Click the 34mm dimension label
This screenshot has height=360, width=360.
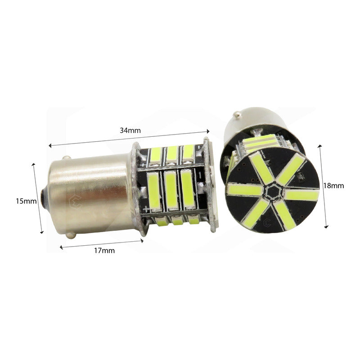(x=131, y=130)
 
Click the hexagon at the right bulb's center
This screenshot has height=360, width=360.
(x=271, y=193)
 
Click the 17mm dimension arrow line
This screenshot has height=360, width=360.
(x=102, y=243)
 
